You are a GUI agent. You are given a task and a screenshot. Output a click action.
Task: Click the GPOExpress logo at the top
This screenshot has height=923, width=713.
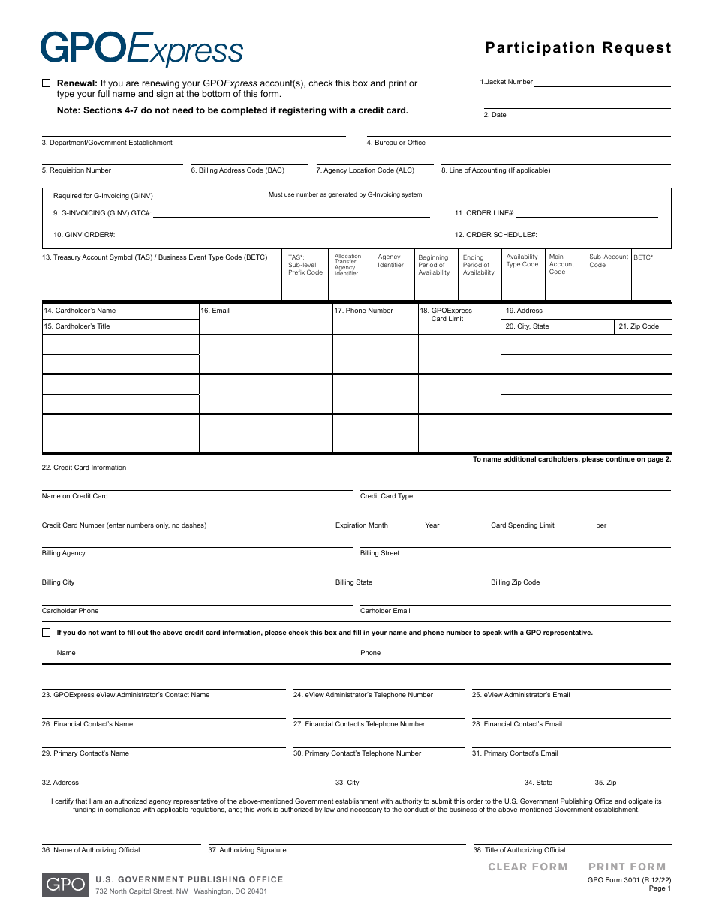coord(141,49)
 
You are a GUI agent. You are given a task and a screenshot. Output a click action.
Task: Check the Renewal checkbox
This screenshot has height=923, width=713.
coord(47,83)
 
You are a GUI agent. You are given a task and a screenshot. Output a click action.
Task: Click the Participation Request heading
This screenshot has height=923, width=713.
coord(578,48)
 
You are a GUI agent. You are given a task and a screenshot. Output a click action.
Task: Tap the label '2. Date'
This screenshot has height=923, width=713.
coord(495,115)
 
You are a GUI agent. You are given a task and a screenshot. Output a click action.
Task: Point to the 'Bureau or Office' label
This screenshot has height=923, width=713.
coord(396,143)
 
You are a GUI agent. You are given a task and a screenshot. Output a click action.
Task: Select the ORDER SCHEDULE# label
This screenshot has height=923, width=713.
coord(495,235)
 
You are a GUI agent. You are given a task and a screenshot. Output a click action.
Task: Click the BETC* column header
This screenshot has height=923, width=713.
coord(643,257)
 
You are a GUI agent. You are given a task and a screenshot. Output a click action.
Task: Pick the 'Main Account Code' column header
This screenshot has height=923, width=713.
coord(561,264)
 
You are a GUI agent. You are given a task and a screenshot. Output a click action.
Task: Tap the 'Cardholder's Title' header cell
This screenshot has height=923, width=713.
coord(83,326)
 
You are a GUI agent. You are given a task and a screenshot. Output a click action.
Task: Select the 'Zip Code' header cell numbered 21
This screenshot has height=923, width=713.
coord(639,326)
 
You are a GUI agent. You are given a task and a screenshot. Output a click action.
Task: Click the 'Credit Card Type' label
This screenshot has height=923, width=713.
coord(386,496)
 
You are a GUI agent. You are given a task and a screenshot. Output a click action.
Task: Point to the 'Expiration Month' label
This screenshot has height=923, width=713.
coord(361,525)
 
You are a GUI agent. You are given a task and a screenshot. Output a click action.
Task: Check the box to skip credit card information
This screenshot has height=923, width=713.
coord(47,633)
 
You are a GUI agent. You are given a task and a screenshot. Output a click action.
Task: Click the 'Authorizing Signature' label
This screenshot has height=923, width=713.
coord(247,850)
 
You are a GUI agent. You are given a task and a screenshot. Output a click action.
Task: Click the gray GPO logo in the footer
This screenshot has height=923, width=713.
coord(64,885)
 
